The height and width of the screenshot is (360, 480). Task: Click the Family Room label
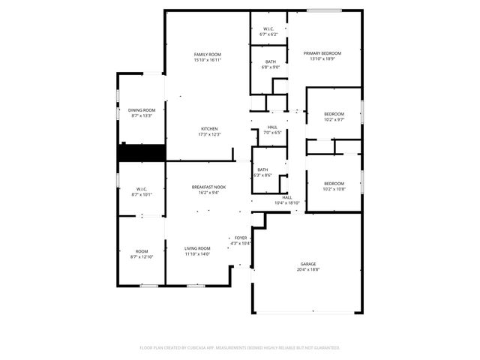(x=208, y=54)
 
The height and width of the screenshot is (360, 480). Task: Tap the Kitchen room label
(x=208, y=128)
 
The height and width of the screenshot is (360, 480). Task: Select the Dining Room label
(x=141, y=110)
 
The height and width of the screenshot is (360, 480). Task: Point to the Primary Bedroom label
(x=322, y=53)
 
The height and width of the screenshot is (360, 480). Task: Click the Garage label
(x=307, y=264)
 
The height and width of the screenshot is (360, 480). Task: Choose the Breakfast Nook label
(x=208, y=187)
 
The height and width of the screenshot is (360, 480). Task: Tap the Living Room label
(x=198, y=248)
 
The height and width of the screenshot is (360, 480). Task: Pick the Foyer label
(x=241, y=238)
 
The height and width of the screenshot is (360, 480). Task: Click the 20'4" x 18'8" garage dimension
(x=307, y=269)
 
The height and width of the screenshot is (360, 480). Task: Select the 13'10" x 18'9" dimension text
(x=322, y=58)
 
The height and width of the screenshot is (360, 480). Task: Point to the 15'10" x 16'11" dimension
(x=208, y=59)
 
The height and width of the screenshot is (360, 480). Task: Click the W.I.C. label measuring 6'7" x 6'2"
(x=268, y=29)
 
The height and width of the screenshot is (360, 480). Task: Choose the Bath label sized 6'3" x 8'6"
(x=262, y=169)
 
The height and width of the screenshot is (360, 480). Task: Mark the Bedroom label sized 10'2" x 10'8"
(x=334, y=184)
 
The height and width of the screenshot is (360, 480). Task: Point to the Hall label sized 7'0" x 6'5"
(x=272, y=127)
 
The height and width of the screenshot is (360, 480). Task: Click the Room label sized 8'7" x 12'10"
(x=142, y=251)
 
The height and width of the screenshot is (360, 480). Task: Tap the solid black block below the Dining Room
(x=141, y=151)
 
